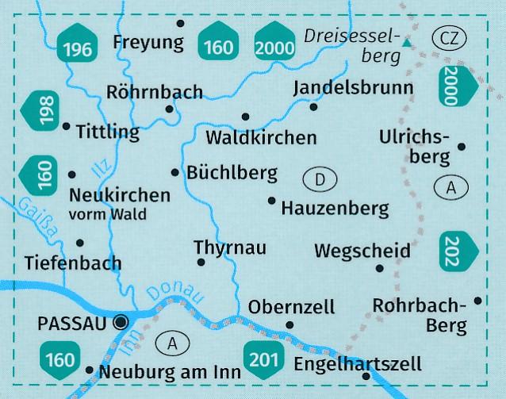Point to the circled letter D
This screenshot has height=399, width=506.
320,180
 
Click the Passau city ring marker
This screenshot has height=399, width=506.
121,322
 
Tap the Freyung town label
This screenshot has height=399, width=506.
148,41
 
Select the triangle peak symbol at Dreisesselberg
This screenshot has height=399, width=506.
407,45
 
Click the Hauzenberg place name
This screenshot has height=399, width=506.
335,209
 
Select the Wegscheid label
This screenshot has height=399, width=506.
362,251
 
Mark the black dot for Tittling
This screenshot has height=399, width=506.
66,126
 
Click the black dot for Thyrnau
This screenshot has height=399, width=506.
201,263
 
